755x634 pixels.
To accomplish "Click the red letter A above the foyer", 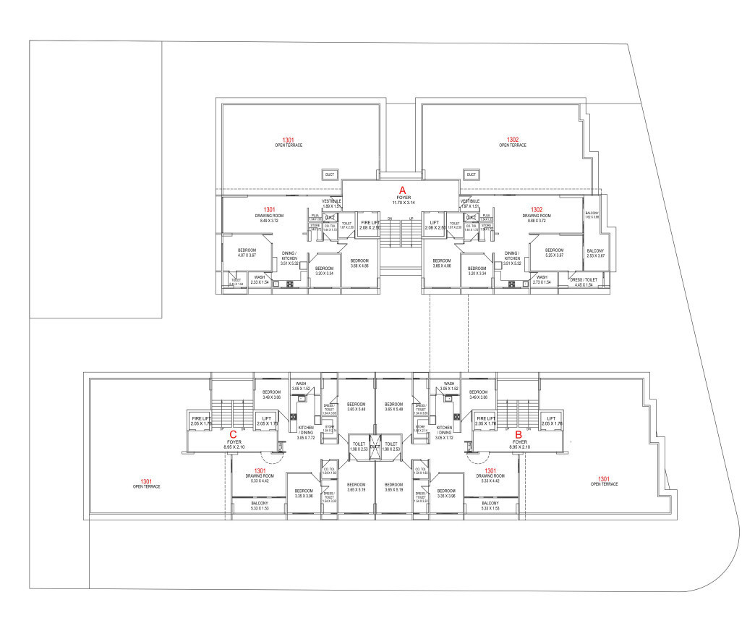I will click(403, 188).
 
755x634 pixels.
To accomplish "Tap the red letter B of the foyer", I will click(519, 435).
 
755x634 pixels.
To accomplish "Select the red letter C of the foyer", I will click(234, 435).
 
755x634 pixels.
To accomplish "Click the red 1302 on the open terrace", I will click(513, 140).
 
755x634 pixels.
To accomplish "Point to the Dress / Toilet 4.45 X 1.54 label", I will click(584, 282).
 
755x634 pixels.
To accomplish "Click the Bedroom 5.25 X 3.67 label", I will click(559, 253).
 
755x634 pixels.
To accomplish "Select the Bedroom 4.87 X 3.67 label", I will click(247, 253).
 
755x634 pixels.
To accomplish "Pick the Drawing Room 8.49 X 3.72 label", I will click(267, 218).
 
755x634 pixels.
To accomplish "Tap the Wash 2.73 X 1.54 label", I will click(542, 279).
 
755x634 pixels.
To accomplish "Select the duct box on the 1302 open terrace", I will click(472, 174).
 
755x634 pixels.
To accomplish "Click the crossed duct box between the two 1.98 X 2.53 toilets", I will click(374, 444).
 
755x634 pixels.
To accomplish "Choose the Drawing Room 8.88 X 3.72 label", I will click(537, 218).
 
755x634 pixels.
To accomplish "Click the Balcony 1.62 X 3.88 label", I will click(592, 215).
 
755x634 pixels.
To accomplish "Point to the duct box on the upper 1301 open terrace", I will click(330, 174).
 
